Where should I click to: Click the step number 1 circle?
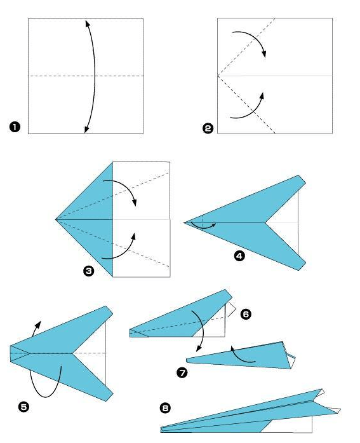(x=15, y=127)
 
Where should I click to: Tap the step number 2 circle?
(x=208, y=128)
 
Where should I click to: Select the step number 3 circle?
(x=89, y=271)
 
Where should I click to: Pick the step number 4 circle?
(x=239, y=256)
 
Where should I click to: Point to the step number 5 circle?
(x=23, y=407)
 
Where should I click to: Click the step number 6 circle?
(x=246, y=314)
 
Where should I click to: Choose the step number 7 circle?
(x=182, y=372)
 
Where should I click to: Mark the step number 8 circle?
(x=165, y=408)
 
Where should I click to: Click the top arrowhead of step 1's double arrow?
(x=88, y=23)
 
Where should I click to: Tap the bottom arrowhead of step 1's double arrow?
(x=86, y=129)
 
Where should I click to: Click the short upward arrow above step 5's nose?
(x=36, y=328)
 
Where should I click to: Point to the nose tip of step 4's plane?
(x=184, y=222)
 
